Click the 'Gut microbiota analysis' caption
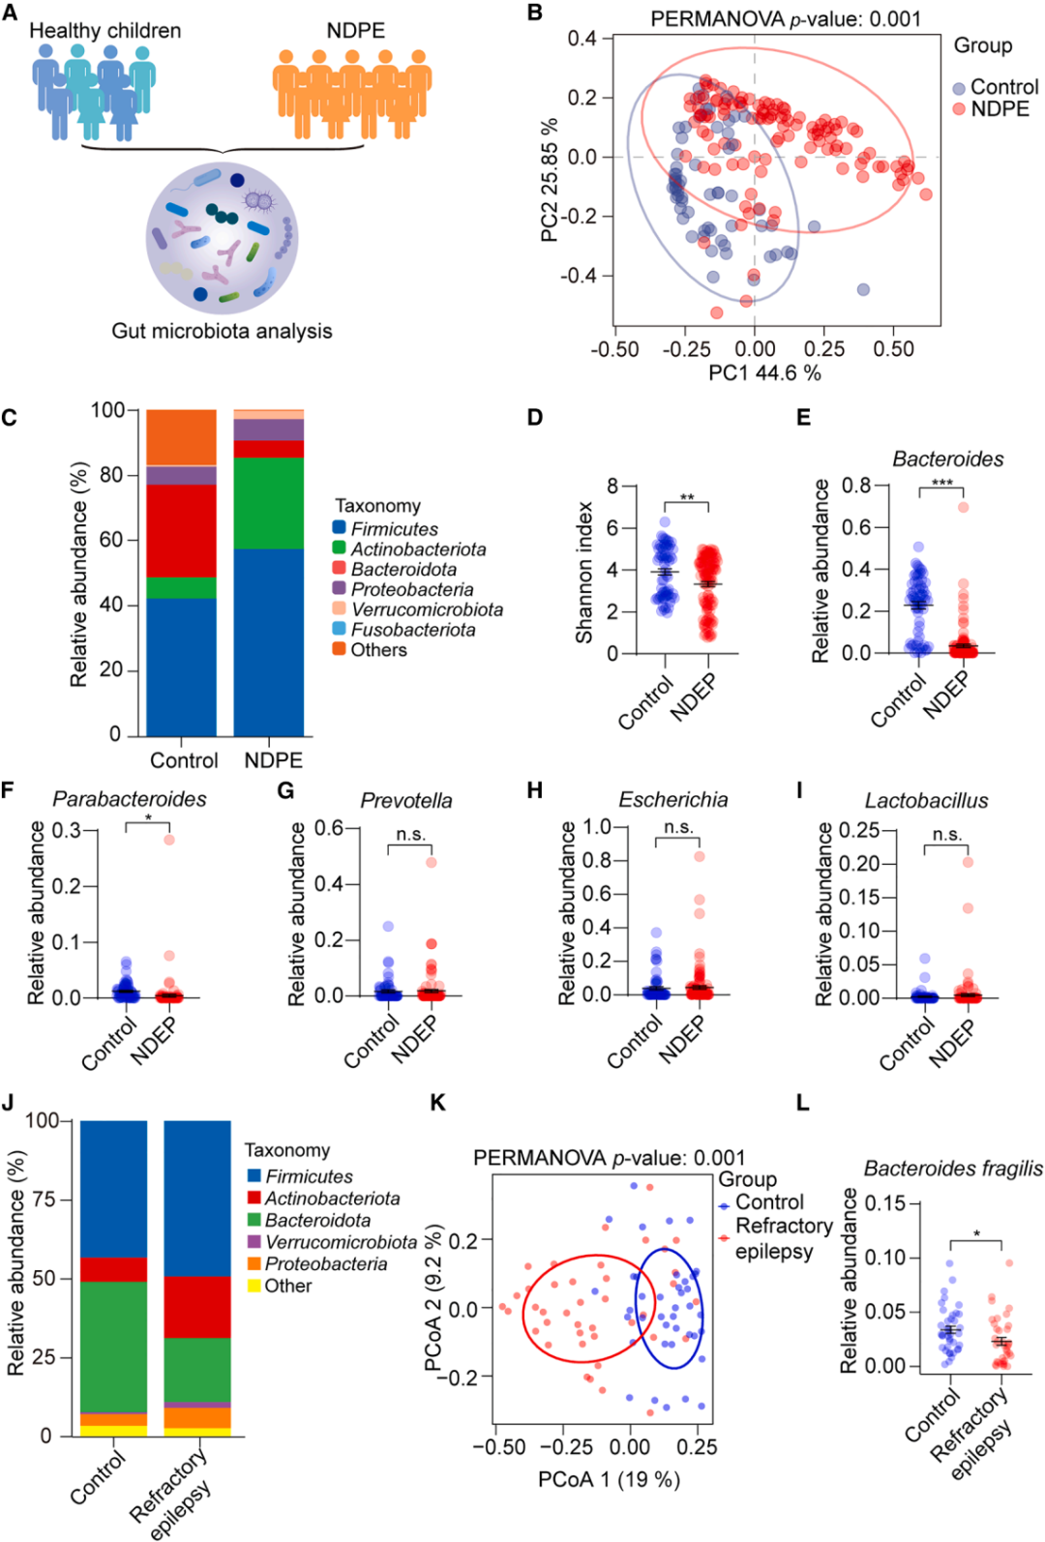(x=222, y=331)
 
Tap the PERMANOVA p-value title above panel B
(x=785, y=18)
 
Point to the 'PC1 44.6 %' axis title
(x=764, y=373)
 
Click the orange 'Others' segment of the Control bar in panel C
(x=181, y=437)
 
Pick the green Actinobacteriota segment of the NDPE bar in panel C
(x=268, y=503)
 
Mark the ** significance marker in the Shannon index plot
(x=686, y=498)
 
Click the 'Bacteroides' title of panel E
(x=947, y=460)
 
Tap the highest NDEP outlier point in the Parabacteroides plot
(x=169, y=840)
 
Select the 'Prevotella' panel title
(x=406, y=801)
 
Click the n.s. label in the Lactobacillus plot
(x=947, y=834)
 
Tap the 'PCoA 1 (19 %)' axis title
(x=609, y=1479)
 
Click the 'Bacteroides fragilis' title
(x=952, y=1169)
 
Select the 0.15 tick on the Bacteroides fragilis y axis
(x=886, y=1203)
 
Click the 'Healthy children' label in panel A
(x=104, y=31)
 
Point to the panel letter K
(x=437, y=1103)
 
